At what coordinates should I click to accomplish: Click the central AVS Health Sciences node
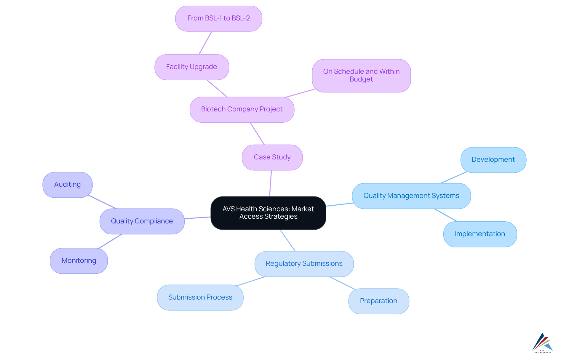[268, 213]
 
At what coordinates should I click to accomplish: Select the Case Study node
[272, 157]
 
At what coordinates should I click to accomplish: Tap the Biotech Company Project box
[242, 109]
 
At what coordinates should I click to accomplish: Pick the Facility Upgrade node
[191, 67]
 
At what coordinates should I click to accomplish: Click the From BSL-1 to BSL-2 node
[218, 18]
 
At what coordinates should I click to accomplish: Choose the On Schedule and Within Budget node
[361, 76]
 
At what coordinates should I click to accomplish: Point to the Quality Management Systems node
[411, 196]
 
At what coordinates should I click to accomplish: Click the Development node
[493, 160]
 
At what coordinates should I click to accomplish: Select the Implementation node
[480, 234]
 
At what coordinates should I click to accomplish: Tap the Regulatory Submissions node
[304, 264]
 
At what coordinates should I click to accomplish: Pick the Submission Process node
[200, 297]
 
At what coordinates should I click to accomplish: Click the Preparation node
[378, 301]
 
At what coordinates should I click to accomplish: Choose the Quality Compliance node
[142, 221]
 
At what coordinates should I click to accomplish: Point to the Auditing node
[67, 185]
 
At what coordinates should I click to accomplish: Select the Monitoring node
[79, 261]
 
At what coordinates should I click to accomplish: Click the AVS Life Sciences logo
[542, 343]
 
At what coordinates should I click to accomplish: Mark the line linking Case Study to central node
[271, 183]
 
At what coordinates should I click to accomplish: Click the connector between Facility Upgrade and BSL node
[205, 43]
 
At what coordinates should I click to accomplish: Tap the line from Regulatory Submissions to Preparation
[342, 283]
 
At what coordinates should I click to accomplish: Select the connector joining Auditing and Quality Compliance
[102, 202]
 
